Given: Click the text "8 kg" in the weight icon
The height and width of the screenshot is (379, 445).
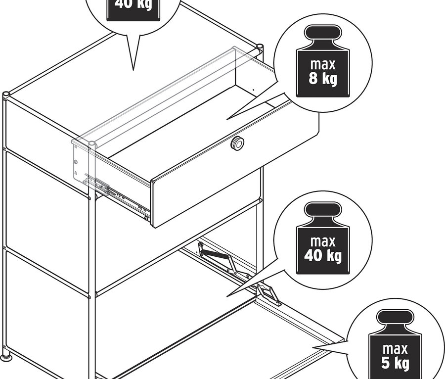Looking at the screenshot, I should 322,78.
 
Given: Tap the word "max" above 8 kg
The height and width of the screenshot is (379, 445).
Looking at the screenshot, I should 322,64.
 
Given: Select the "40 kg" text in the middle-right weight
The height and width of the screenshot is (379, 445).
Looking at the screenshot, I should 322,256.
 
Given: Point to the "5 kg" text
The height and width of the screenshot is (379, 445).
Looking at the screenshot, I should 395,364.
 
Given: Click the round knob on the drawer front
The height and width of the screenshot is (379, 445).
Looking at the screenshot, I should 238,143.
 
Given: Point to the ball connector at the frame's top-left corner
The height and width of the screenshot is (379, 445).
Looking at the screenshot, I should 6,94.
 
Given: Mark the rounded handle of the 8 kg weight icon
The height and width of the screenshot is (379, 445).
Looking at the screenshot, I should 322,36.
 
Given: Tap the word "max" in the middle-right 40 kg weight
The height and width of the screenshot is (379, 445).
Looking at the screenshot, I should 322,242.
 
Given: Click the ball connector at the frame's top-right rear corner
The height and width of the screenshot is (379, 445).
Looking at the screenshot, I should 259,48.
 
